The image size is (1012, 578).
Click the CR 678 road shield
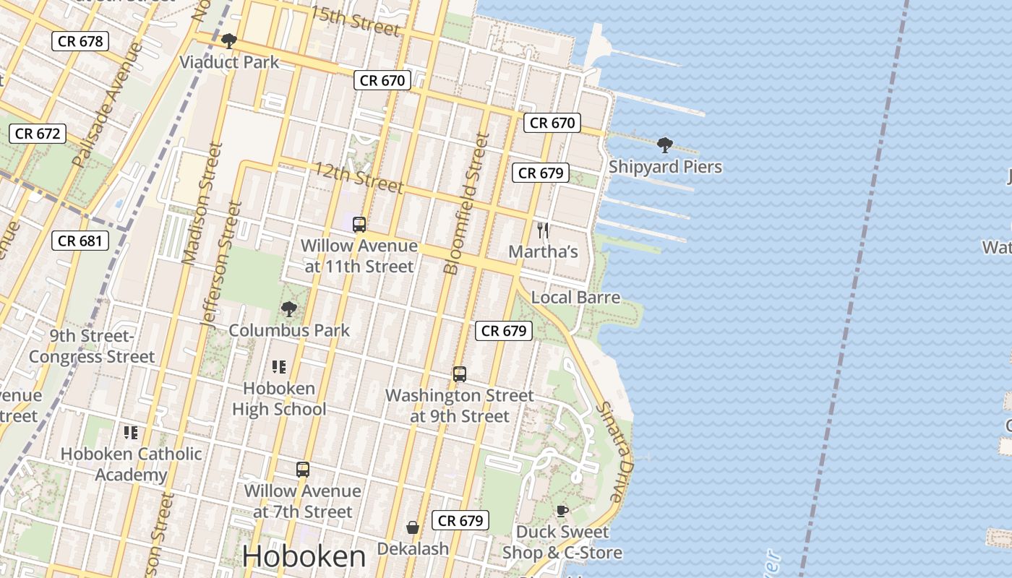[80, 41]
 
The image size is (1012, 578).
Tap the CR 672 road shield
[38, 133]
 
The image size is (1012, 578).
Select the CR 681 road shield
[80, 241]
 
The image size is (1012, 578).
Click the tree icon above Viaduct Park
[229, 41]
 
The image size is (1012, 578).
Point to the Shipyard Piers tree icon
[665, 146]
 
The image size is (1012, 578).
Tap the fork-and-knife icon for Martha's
[544, 230]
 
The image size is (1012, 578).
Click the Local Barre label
[575, 297]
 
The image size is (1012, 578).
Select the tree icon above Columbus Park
[289, 309]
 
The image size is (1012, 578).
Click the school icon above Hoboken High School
[279, 367]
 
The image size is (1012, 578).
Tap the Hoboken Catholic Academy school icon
[131, 433]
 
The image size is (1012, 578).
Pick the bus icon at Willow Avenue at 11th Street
[359, 225]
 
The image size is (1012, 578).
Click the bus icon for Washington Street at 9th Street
[460, 374]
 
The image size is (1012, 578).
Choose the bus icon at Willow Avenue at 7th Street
[303, 470]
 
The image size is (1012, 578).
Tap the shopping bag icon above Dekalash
[413, 527]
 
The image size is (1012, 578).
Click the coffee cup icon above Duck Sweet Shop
[562, 512]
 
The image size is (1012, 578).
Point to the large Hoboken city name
[304, 556]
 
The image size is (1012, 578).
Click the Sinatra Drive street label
[614, 452]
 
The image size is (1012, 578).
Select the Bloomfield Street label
[463, 204]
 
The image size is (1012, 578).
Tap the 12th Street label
[357, 177]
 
